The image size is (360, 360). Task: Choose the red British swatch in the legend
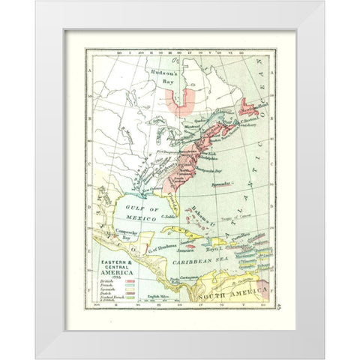click(x=129, y=280)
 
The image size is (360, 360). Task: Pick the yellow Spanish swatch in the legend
click(x=129, y=289)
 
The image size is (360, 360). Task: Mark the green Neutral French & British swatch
click(x=129, y=299)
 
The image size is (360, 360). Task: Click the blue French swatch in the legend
click(x=129, y=285)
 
